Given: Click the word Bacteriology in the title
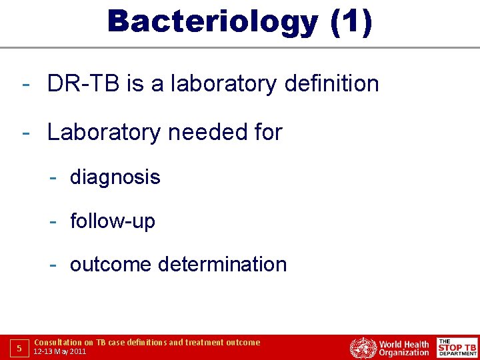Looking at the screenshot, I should [x=212, y=21].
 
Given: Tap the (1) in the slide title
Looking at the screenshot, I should [x=351, y=21].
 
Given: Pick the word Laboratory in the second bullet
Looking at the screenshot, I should [x=104, y=133].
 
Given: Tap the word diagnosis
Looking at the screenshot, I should [x=115, y=177].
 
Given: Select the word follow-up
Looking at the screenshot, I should [x=112, y=221].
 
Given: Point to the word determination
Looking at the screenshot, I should [x=223, y=265].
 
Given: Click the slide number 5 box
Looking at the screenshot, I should [x=19, y=348].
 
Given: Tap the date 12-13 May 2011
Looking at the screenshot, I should [x=60, y=351].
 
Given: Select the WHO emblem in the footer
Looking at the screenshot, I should [x=363, y=348].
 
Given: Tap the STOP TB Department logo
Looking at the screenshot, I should [x=457, y=348].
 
